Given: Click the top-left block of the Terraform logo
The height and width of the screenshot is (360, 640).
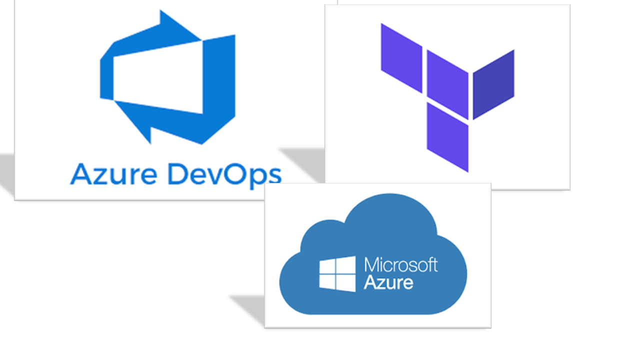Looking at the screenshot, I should (401, 58).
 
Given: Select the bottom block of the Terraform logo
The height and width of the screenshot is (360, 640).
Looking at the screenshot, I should (447, 137).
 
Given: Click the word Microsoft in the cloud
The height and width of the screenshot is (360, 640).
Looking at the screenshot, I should (400, 264).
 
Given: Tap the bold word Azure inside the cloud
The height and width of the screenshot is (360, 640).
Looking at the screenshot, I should (388, 282).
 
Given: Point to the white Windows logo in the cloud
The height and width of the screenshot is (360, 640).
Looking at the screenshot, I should (337, 273).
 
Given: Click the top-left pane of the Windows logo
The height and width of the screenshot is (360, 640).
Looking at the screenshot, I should (327, 266).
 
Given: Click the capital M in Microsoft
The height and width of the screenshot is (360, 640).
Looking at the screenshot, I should (369, 264).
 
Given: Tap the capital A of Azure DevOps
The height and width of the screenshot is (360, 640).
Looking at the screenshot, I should (79, 174).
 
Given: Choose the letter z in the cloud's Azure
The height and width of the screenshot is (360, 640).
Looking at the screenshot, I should (381, 283).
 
